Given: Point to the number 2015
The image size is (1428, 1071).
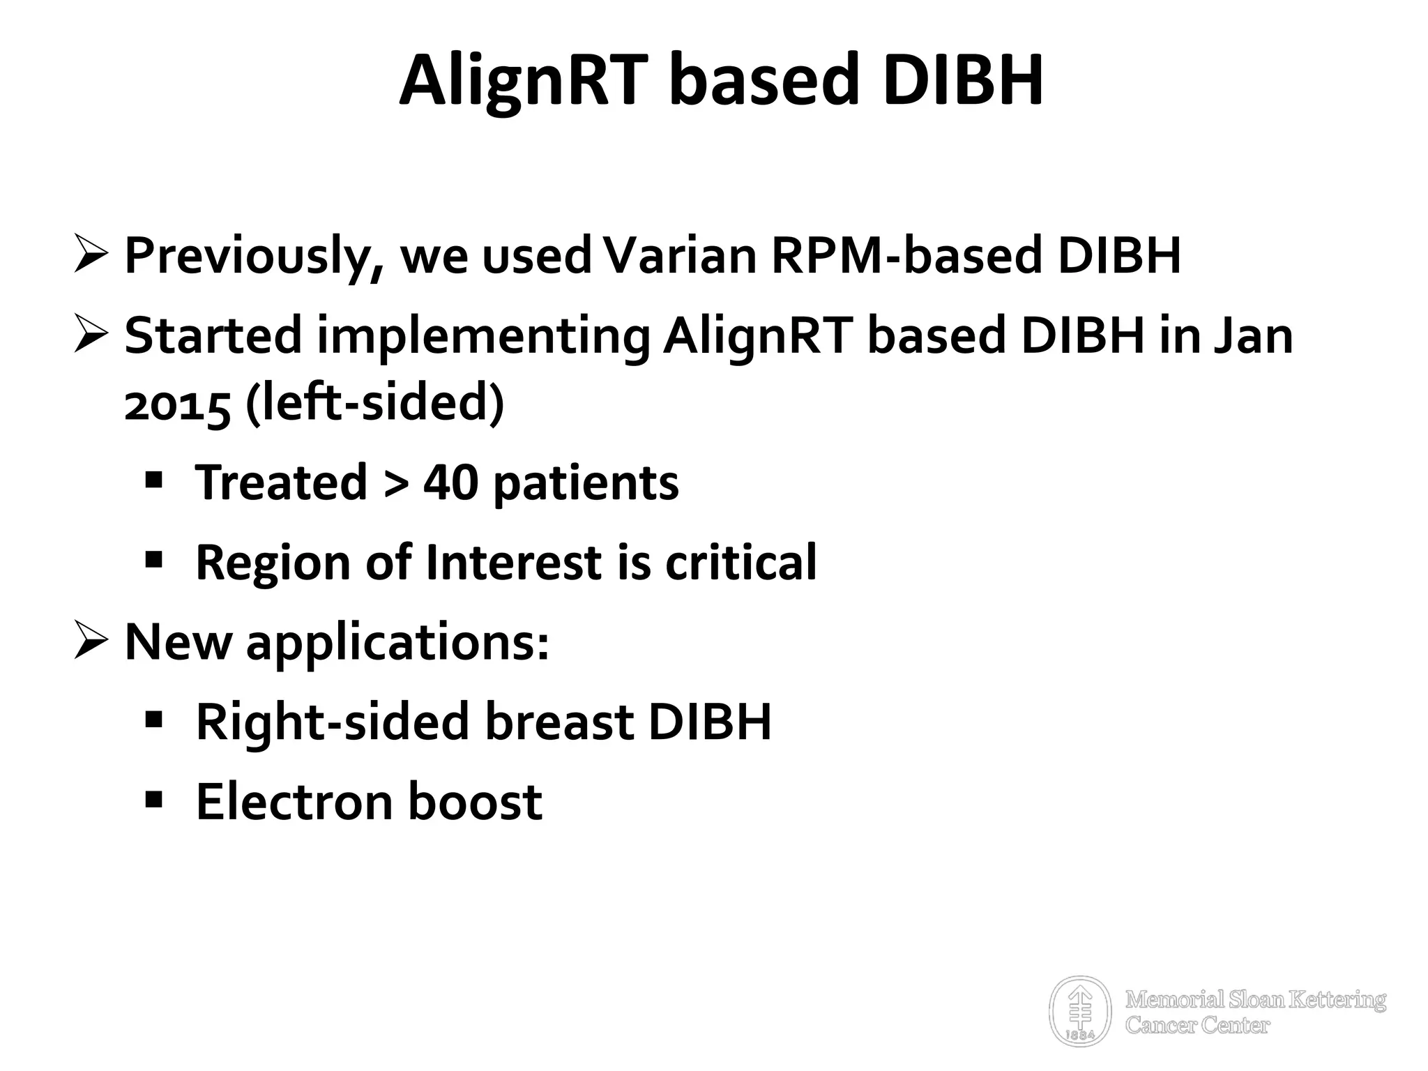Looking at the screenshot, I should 177,405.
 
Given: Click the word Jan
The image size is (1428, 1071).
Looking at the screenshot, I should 1253,335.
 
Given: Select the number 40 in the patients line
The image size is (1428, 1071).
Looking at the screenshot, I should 450,483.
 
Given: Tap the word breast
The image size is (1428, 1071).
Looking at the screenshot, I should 559,722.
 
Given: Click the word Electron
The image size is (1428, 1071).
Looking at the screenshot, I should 294,802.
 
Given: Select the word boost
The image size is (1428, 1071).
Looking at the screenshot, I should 475,802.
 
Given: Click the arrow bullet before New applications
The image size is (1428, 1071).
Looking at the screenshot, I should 91,642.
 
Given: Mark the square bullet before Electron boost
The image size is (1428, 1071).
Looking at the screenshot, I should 154,798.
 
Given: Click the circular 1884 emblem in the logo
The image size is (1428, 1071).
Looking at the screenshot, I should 1080,1010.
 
